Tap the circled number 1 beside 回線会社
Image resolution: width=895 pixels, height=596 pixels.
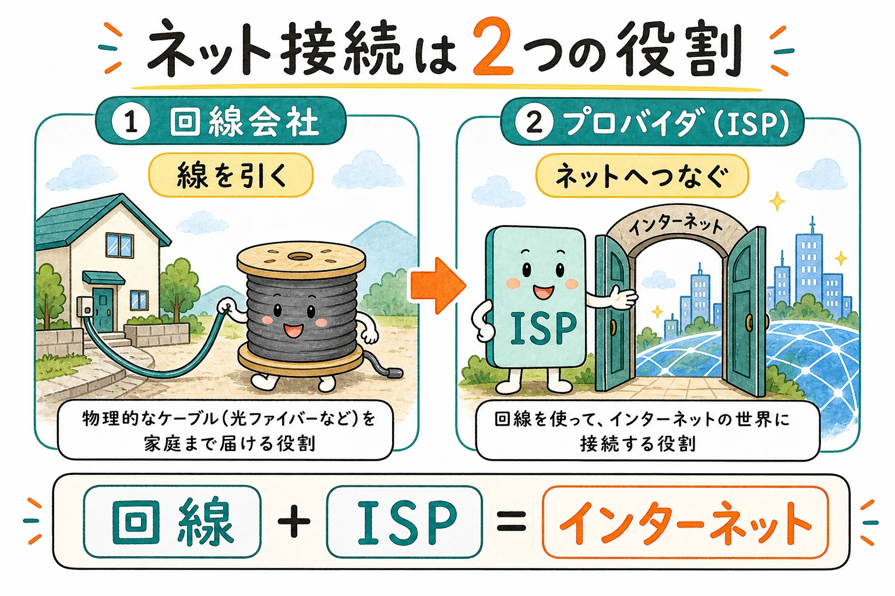[131, 121]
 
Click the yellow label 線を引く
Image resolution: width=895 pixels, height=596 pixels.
[231, 175]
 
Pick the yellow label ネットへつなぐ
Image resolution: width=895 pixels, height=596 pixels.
[642, 176]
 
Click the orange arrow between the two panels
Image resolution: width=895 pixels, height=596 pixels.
[438, 285]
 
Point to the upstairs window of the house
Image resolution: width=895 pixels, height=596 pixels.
[119, 244]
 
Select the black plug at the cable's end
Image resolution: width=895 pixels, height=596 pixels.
[392, 373]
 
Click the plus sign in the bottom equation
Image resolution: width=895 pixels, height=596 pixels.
[294, 521]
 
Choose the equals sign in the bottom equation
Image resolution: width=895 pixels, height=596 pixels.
[512, 521]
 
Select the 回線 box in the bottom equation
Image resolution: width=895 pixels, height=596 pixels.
[172, 521]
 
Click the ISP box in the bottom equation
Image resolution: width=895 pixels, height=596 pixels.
[404, 521]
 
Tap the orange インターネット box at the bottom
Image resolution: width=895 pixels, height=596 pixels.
[685, 522]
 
